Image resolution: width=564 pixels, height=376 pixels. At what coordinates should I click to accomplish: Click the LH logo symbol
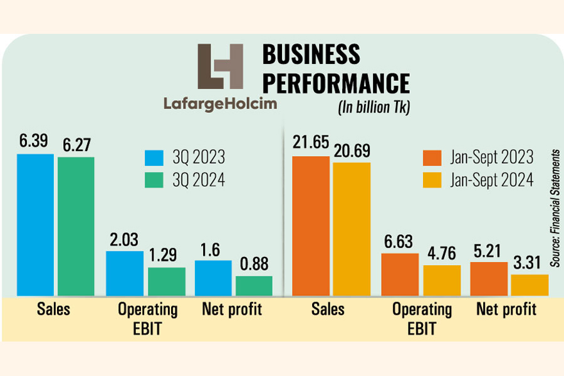(220, 68)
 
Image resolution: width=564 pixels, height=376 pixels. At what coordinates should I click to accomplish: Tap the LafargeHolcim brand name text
(220, 103)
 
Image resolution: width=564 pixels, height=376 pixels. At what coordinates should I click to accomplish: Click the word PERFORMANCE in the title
(335, 83)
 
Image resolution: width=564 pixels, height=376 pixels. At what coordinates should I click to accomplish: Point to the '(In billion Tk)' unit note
(374, 107)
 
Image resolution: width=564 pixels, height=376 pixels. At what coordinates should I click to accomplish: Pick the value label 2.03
(123, 241)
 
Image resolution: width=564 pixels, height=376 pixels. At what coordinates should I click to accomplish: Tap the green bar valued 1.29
(167, 281)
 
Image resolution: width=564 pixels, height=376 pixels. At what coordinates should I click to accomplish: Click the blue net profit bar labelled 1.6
(213, 278)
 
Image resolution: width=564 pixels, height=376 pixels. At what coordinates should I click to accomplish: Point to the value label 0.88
(254, 266)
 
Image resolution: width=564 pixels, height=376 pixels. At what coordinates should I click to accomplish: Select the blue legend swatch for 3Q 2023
(154, 157)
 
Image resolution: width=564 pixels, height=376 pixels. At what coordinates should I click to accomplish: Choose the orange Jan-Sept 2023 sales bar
(310, 226)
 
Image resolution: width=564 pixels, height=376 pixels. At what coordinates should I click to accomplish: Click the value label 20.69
(351, 152)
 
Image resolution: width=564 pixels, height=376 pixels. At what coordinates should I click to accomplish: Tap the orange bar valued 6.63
(400, 274)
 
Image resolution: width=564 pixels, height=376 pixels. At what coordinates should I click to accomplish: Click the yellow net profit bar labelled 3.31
(530, 285)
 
